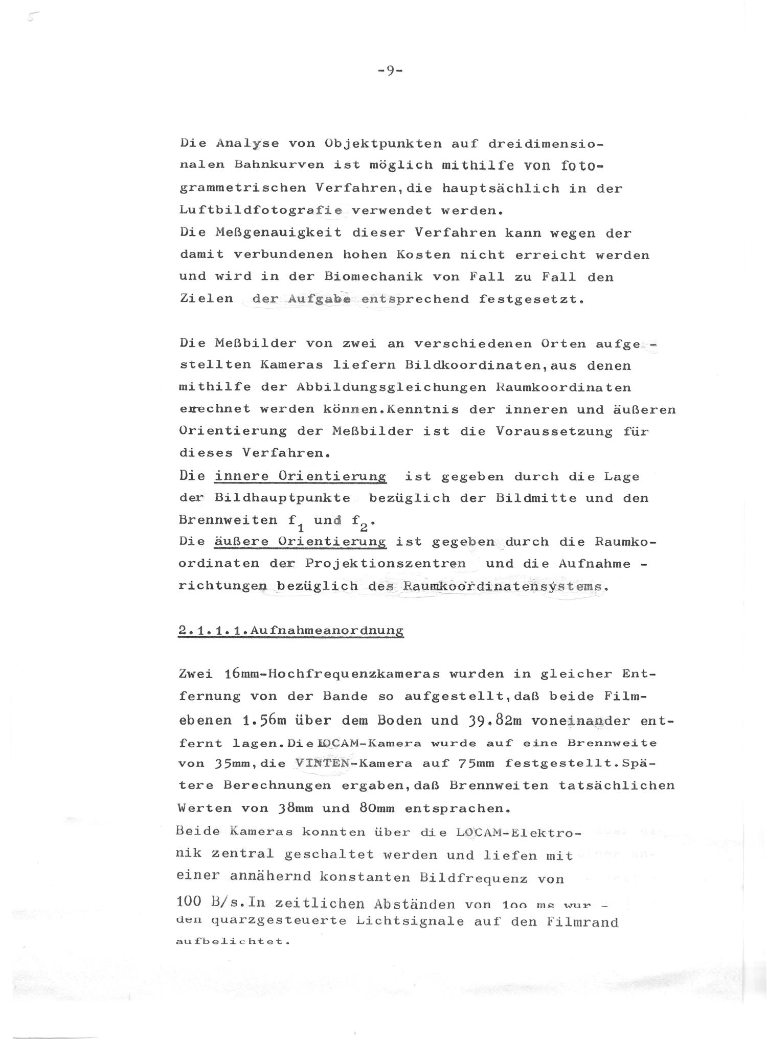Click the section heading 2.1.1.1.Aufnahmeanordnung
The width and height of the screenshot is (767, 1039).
click(x=291, y=630)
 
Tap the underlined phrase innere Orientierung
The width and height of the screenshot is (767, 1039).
click(x=300, y=476)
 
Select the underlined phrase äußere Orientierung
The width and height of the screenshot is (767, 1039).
click(x=300, y=541)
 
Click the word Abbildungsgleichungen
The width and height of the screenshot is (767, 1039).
click(x=391, y=387)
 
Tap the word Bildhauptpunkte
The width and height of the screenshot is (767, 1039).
click(x=282, y=498)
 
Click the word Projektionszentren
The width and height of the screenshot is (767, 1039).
click(x=386, y=563)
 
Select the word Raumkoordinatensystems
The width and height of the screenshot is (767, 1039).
click(x=502, y=586)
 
